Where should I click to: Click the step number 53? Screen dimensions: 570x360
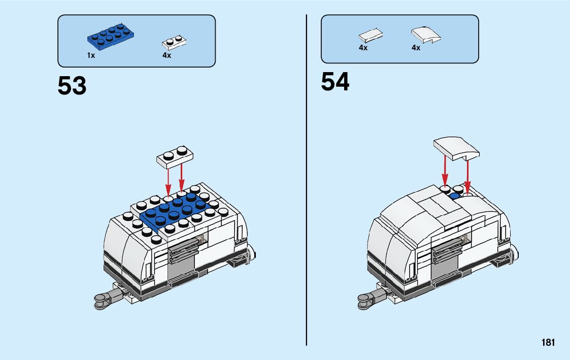(x=72, y=86)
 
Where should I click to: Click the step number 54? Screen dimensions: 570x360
(x=335, y=82)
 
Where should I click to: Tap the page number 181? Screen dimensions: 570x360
(x=548, y=343)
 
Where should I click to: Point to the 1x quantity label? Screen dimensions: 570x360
(x=91, y=55)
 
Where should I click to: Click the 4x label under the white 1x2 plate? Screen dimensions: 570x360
(x=167, y=55)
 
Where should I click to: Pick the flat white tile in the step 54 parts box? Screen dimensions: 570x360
(x=371, y=36)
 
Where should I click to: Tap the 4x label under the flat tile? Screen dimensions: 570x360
(x=363, y=48)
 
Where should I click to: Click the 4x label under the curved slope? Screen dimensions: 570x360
(x=416, y=48)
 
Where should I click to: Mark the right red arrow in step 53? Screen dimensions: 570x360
(x=182, y=178)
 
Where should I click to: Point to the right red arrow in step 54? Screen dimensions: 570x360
(x=467, y=175)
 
